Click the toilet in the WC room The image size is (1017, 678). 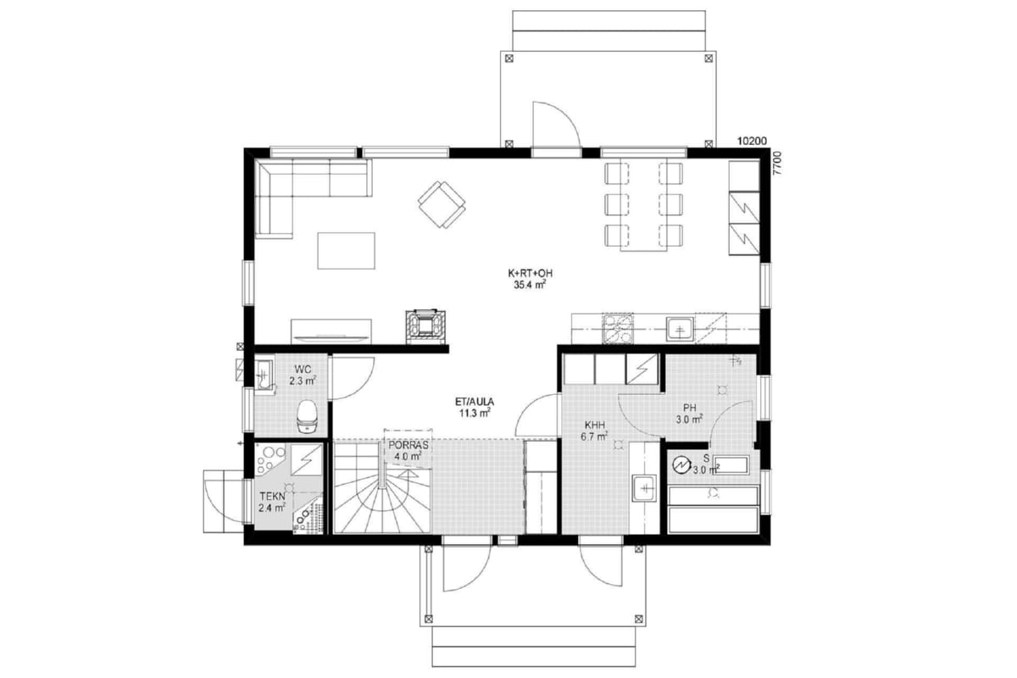pos(307,416)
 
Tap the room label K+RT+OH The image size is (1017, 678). pos(530,274)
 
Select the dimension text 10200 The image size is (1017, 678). pos(752,142)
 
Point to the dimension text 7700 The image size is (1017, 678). pos(777,163)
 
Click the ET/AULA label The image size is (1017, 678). pos(475,402)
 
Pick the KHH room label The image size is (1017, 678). pos(594,425)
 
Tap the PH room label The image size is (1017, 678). pos(689,408)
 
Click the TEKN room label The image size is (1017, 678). pos(272,497)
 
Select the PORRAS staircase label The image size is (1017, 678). pos(408,446)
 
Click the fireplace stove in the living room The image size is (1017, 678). pos(425,325)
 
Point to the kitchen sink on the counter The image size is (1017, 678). pos(680,329)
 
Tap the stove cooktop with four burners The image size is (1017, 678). pos(618,328)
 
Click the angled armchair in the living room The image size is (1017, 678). pos(442,204)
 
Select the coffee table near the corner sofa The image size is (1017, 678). pos(347,251)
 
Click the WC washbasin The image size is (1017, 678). pos(264,375)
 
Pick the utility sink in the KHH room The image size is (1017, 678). pos(644,488)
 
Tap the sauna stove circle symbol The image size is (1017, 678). pos(681,464)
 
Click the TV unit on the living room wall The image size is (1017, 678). pos(331,331)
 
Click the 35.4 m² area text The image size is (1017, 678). pos(530,285)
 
